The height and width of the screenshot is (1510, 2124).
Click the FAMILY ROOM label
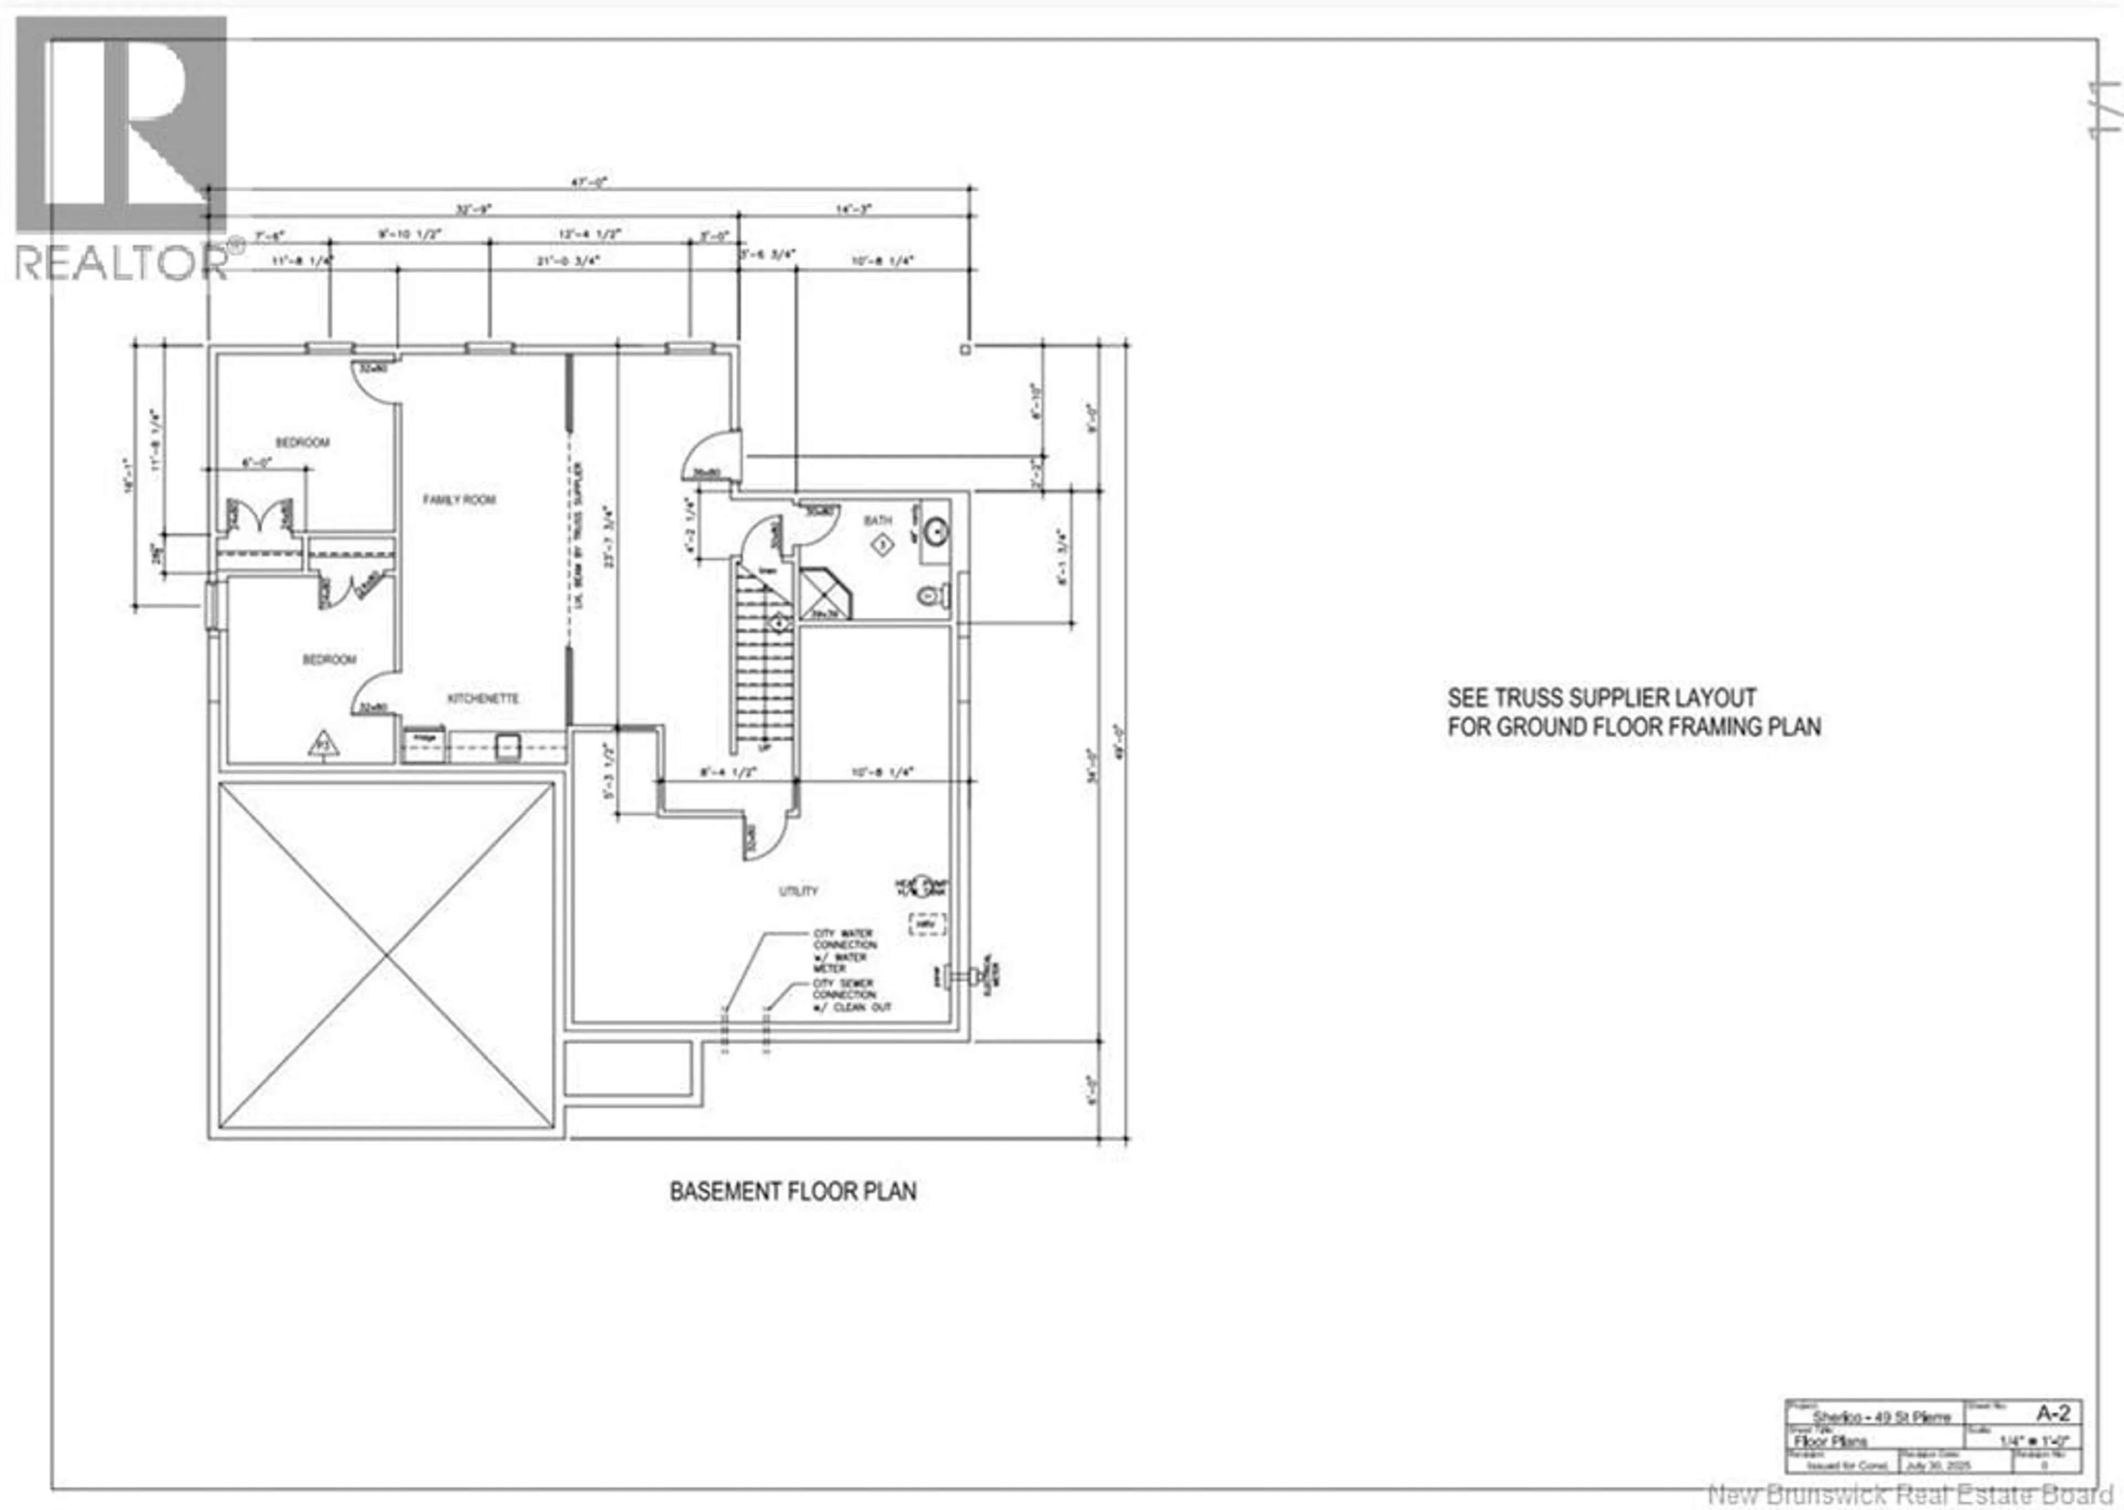pyautogui.click(x=459, y=499)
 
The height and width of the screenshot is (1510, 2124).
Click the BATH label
pyautogui.click(x=877, y=520)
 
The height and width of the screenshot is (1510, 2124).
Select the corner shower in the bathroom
pyautogui.click(x=824, y=594)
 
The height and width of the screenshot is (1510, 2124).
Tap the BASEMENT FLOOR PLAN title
pyautogui.click(x=793, y=1191)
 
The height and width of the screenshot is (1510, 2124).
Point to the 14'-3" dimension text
pyautogui.click(x=852, y=209)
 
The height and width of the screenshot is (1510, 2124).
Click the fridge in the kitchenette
pyautogui.click(x=424, y=746)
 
